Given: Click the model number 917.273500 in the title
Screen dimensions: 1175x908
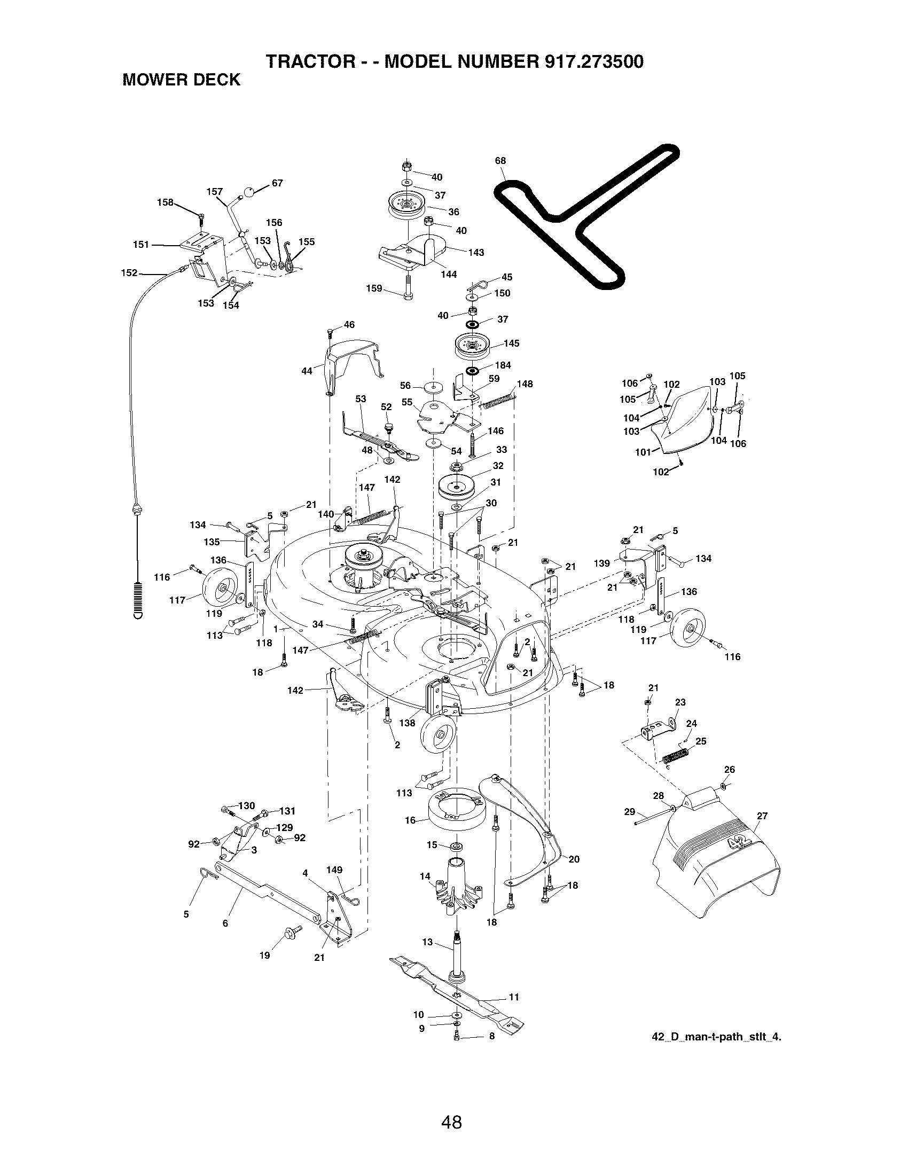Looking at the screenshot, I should (594, 62).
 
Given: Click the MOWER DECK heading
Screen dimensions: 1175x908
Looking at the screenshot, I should (181, 80).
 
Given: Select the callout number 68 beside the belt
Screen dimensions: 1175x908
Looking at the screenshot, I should (500, 161).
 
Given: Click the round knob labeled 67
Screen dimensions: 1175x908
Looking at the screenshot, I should (249, 191).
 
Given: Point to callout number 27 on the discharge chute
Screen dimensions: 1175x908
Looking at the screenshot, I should (762, 816).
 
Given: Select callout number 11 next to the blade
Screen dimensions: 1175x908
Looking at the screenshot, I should (514, 997).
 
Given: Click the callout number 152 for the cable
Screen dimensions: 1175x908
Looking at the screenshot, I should (129, 273).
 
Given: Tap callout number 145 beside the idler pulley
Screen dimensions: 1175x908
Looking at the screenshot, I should (512, 343).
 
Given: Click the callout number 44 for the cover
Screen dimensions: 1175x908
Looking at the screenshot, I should (307, 371).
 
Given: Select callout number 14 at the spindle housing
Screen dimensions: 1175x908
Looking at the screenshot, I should (425, 876).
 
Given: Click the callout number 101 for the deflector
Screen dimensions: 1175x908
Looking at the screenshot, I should (643, 452).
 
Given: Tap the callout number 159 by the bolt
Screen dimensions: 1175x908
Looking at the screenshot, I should (374, 288).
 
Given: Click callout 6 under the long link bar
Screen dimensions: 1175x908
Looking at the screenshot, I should (225, 923).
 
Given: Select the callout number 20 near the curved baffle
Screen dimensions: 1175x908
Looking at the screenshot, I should (574, 859).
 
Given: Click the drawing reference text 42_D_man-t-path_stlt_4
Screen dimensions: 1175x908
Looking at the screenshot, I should (716, 1037).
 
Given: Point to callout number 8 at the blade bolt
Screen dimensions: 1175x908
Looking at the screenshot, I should (491, 1037).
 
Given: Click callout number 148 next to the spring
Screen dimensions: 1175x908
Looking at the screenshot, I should (525, 384).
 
